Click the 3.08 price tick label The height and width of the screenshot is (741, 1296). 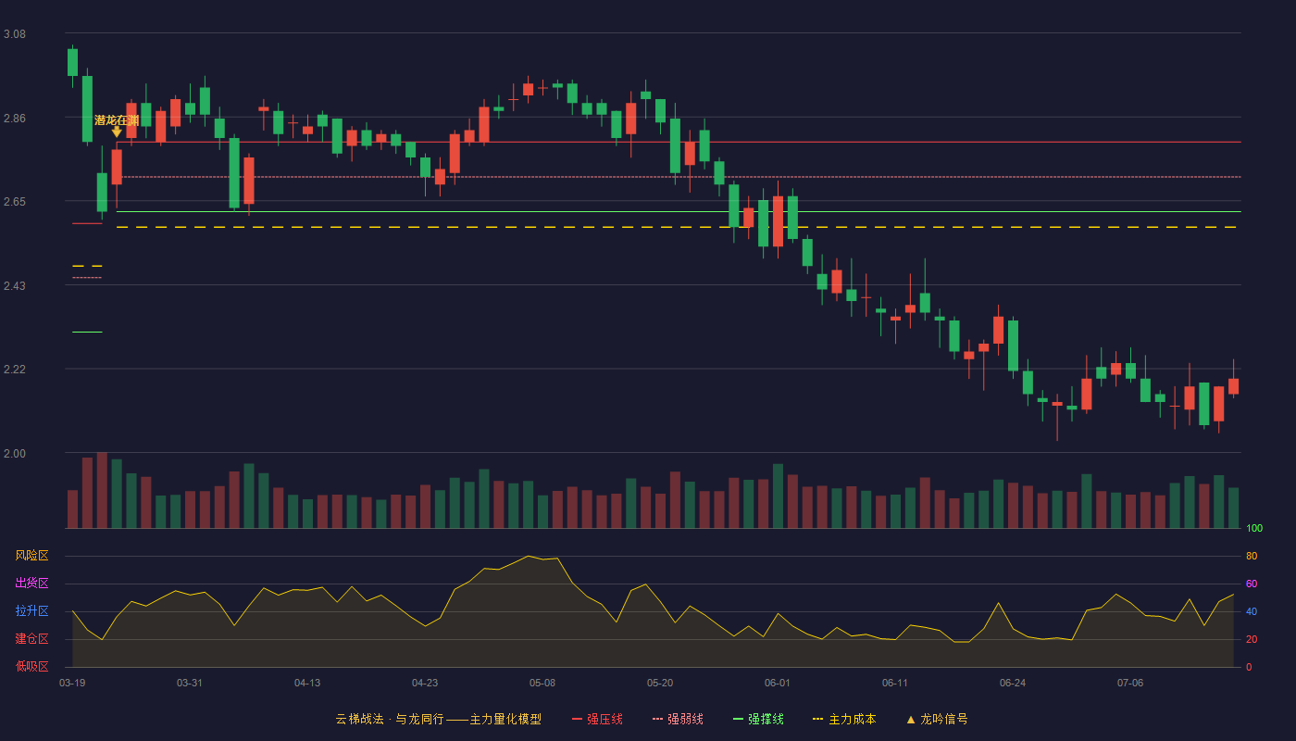(x=15, y=34)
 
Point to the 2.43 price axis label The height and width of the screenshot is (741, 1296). (x=15, y=286)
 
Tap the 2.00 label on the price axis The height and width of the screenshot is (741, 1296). (x=15, y=454)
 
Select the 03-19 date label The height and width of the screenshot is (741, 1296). (x=72, y=684)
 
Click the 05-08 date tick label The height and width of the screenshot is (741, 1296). (x=542, y=684)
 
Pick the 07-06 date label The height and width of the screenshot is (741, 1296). (x=1130, y=684)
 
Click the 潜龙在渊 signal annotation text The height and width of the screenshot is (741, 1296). (x=117, y=119)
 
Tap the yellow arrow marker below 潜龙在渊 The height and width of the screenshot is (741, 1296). (x=117, y=132)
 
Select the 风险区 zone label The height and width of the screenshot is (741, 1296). (x=31, y=556)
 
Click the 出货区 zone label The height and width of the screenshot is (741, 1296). (x=31, y=583)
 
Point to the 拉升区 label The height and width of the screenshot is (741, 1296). (x=31, y=610)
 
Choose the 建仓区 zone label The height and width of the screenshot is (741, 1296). (x=31, y=638)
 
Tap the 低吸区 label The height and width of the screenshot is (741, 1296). (x=31, y=666)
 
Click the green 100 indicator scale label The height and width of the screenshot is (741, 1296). (x=1254, y=528)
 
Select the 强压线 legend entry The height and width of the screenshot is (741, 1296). (x=597, y=719)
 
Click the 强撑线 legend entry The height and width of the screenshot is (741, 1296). (x=758, y=719)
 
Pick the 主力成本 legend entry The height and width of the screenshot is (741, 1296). (x=844, y=719)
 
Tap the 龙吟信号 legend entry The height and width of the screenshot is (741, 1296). (x=937, y=719)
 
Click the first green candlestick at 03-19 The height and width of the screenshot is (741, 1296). (x=72, y=62)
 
